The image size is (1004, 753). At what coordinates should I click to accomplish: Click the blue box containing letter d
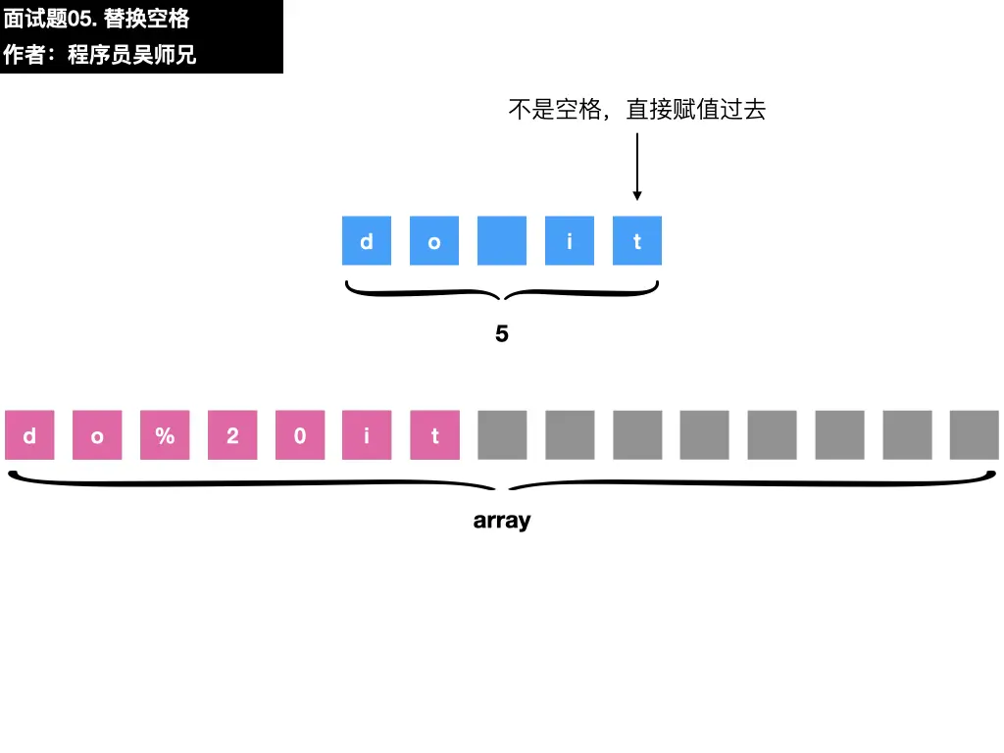367,240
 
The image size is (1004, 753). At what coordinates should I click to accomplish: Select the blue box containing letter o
434,240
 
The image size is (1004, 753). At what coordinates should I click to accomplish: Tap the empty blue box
502,240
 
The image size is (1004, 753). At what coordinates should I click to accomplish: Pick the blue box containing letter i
570,240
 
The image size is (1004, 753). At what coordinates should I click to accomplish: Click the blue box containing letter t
637,240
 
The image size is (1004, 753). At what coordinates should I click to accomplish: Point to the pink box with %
165,435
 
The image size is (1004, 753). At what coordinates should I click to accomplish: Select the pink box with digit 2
232,435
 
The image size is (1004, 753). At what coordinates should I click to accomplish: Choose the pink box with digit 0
300,435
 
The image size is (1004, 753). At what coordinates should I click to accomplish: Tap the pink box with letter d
29,435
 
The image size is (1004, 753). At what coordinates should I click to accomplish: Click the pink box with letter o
97,435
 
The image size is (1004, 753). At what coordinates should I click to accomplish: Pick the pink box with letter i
367,435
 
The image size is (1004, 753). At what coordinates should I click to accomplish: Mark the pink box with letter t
434,435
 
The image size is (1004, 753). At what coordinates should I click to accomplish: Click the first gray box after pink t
502,435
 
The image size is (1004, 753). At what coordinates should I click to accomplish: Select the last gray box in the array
975,435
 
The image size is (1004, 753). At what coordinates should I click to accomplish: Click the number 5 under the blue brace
502,334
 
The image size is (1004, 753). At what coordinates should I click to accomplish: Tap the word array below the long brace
502,521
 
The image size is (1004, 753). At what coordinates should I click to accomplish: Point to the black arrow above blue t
637,167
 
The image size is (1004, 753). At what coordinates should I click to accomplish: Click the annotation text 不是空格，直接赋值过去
636,110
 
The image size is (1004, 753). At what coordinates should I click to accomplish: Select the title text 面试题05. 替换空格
97,19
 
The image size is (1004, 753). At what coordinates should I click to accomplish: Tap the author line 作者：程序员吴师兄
100,55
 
